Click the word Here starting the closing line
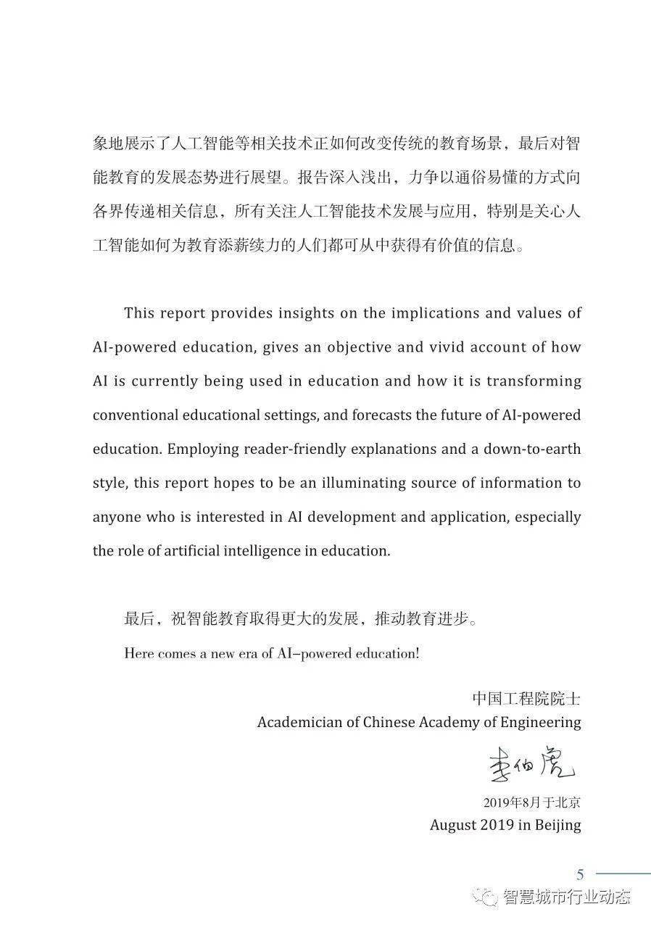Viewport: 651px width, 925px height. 139,653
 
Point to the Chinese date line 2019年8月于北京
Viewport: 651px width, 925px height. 531,802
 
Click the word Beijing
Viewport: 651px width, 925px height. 557,825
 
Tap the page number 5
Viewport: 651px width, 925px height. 580,874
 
